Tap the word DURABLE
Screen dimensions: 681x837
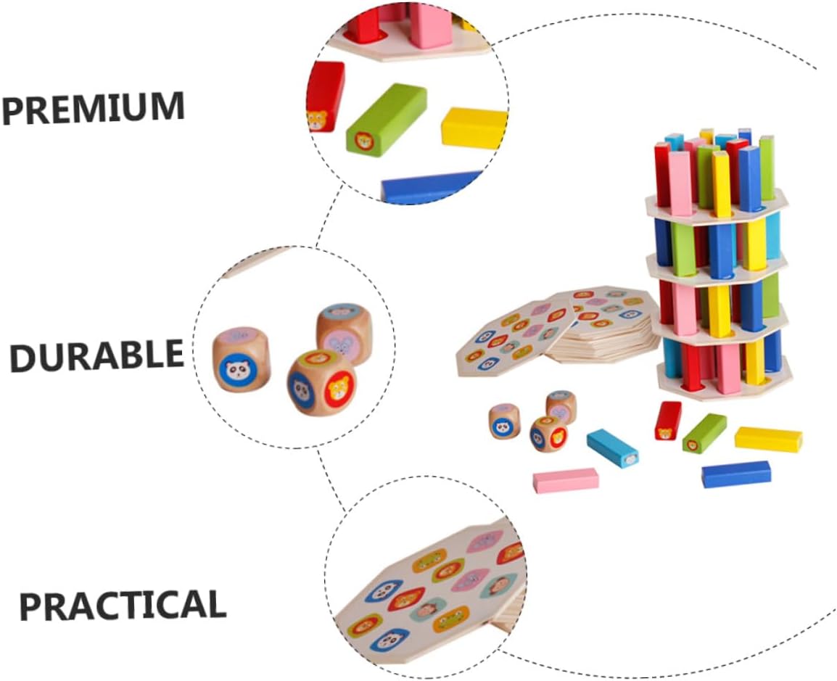[x=96, y=355]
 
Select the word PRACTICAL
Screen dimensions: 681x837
[x=122, y=606]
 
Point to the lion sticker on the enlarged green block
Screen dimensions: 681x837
[x=363, y=140]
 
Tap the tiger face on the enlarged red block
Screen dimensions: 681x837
[x=316, y=120]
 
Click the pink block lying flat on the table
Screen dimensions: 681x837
[x=566, y=479]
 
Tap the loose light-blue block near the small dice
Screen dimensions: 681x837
[x=612, y=448]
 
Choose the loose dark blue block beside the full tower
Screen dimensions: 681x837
[x=735, y=474]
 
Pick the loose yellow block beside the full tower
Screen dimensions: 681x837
[x=768, y=439]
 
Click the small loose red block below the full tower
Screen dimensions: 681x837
[x=668, y=421]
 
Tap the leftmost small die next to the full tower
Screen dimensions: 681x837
[x=504, y=421]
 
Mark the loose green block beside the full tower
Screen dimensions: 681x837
[x=704, y=433]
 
